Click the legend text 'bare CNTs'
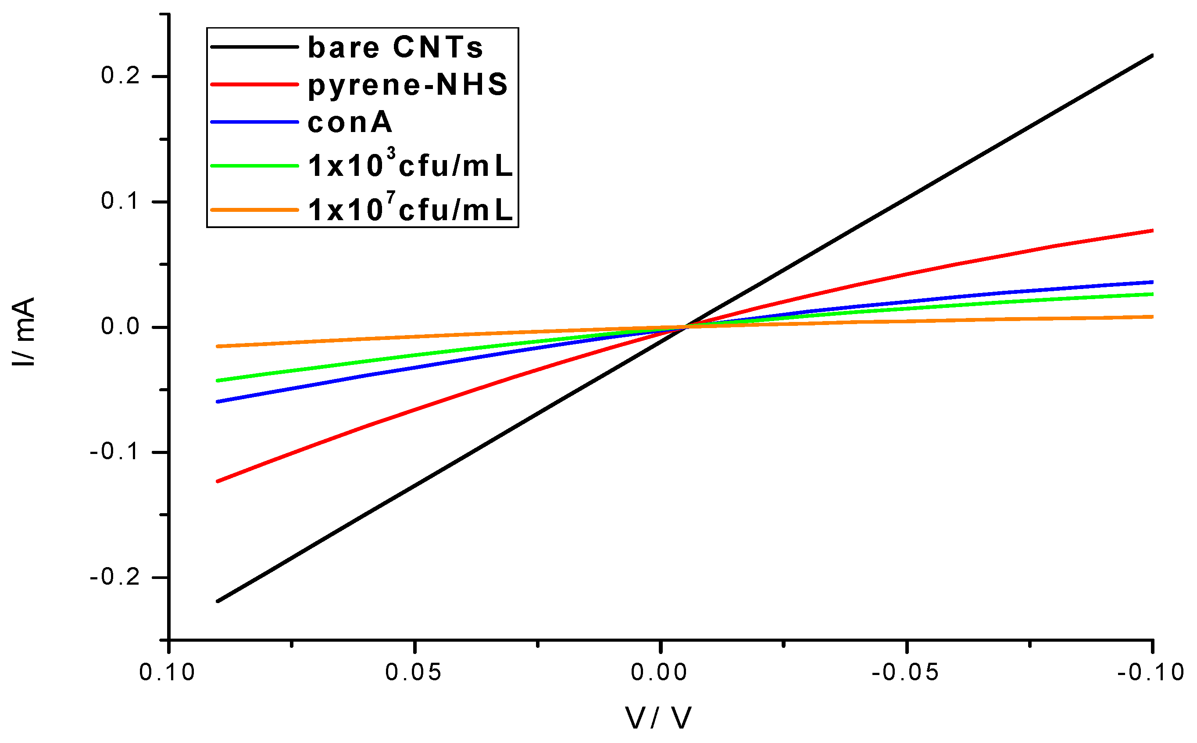pos(395,48)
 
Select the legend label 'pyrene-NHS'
pos(407,85)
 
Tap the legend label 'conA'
pos(350,122)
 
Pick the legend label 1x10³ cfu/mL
pos(410,165)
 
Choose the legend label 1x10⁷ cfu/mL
pos(410,210)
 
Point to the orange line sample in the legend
pos(254,211)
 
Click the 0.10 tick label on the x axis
pos(167,673)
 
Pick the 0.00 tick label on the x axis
pos(659,673)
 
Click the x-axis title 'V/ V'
pos(658,718)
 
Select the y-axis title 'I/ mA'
pos(24,332)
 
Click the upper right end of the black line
pos(1151,56)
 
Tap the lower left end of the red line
pos(218,482)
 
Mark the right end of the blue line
pos(1151,282)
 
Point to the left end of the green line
pos(218,381)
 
